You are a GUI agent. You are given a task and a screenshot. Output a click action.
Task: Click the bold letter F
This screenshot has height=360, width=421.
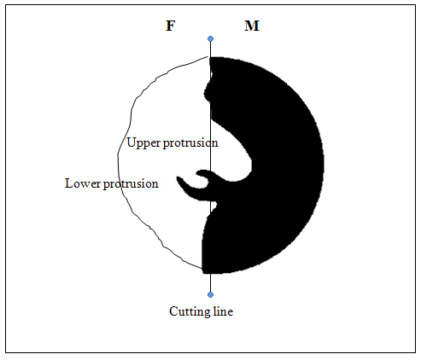coord(170,26)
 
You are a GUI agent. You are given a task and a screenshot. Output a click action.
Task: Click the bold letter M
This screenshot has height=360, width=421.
coord(252,26)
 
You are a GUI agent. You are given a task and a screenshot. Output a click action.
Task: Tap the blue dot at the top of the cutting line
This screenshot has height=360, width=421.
coord(210,38)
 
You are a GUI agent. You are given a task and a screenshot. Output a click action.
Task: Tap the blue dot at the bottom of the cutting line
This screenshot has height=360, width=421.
coord(210,294)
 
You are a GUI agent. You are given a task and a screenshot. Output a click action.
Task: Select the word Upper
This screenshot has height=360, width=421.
coord(144,143)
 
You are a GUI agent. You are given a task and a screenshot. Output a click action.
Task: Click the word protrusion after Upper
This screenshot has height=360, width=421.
coord(190,143)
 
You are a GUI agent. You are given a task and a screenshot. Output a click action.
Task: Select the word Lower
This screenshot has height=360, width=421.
coord(83,183)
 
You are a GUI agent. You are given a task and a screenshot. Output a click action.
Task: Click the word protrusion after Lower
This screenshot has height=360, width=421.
coord(131,184)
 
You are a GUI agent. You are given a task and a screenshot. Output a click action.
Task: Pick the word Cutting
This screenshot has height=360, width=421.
coord(190,311)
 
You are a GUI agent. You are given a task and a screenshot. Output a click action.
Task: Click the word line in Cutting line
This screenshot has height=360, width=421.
coord(223,311)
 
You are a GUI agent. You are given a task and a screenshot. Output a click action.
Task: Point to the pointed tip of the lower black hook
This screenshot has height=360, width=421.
coord(178,177)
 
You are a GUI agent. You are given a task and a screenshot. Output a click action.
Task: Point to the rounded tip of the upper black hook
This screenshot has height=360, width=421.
coord(197,173)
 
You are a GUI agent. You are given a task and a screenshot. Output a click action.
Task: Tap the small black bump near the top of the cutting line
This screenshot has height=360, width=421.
coord(207,91)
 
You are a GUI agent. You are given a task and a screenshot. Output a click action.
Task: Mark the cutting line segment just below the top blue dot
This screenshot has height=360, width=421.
coord(210,49)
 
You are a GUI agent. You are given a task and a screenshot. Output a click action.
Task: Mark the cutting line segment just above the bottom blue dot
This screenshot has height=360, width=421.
coord(210,282)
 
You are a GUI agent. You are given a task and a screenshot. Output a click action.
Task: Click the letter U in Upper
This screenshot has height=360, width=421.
coord(132,142)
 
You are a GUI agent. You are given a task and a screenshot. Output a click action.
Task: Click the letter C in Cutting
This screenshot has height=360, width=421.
coord(173,311)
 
